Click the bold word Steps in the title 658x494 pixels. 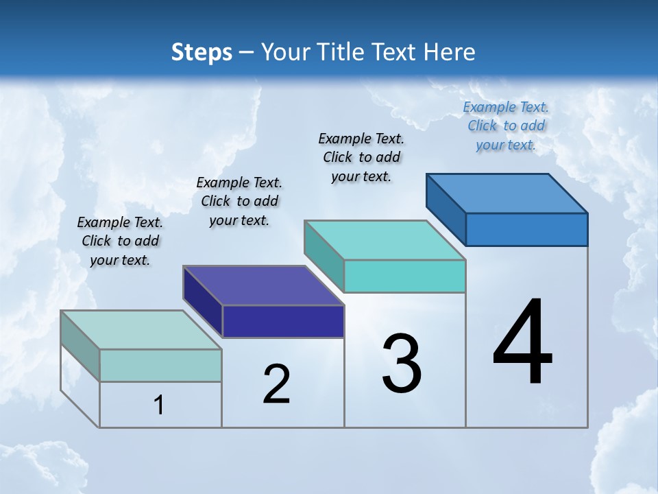[202, 52]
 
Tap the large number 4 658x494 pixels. [522, 343]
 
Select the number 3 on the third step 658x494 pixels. [402, 364]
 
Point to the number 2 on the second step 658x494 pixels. [276, 384]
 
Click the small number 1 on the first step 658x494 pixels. [159, 405]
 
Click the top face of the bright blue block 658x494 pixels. [507, 193]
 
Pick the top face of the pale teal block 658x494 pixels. [141, 330]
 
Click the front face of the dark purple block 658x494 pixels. [283, 322]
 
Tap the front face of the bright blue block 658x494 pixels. [526, 229]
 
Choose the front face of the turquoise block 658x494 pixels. [404, 276]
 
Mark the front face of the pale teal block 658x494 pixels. [160, 365]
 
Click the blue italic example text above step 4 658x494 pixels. [506, 126]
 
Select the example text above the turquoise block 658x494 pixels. [361, 157]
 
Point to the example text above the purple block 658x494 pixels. [239, 201]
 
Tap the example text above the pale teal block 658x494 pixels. [120, 241]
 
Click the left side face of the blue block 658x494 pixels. [446, 209]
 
